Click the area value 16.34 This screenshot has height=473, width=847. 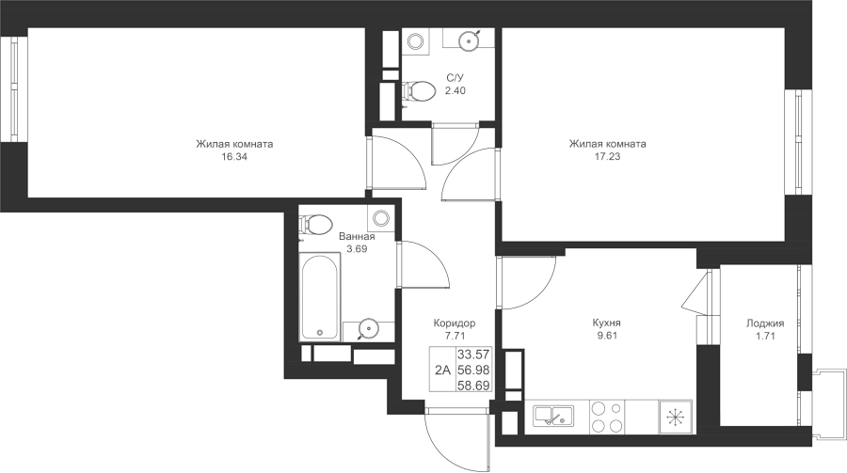coord(234,157)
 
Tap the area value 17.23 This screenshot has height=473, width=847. coord(607,157)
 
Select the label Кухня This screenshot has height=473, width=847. coord(607,323)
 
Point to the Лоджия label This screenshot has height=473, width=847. coord(765,323)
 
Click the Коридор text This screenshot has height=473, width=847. coord(455,323)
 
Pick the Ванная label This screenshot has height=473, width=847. coord(357,237)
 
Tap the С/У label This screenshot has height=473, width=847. coord(455,78)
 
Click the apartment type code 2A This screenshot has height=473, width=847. coord(443,370)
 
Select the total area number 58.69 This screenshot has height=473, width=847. coord(473,385)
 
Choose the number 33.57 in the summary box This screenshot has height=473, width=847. coord(473,355)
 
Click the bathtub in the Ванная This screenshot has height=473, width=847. coord(320,297)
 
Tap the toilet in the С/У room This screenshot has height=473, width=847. coord(419,91)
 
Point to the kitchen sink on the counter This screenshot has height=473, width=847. coord(553,417)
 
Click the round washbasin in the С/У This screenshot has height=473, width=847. coord(470,39)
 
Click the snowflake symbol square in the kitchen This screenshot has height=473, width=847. coord(675,417)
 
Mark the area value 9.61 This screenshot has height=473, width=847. coord(607,336)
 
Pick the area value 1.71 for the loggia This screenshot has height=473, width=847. coord(765,336)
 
